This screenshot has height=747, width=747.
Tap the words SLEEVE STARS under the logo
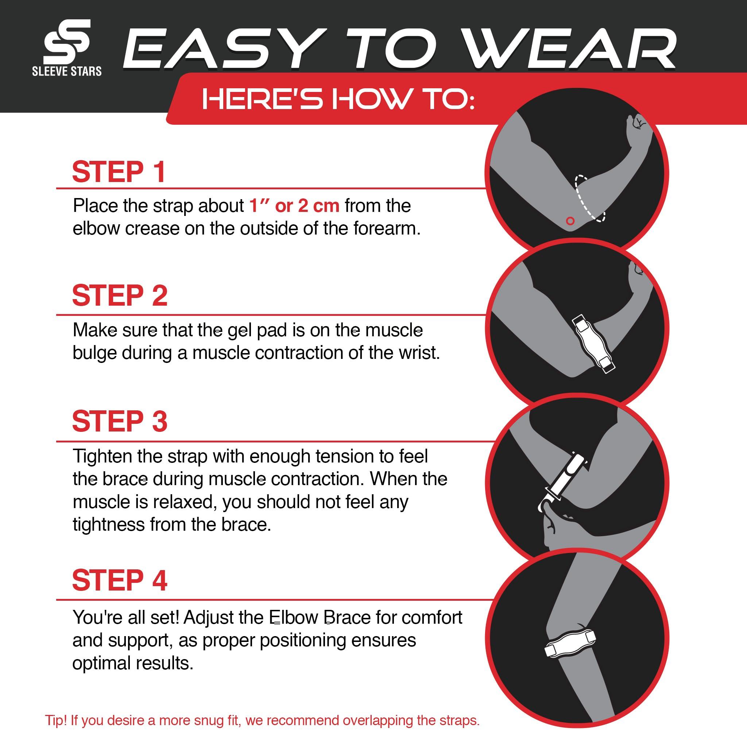tap(66, 71)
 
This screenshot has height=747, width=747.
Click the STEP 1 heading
tap(119, 172)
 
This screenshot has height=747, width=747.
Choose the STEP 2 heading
tap(120, 295)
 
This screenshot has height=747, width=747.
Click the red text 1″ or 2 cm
tap(294, 206)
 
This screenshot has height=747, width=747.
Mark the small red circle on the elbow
tap(570, 221)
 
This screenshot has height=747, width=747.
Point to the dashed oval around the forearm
tap(589, 198)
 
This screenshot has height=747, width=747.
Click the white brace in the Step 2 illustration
tap(593, 343)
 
